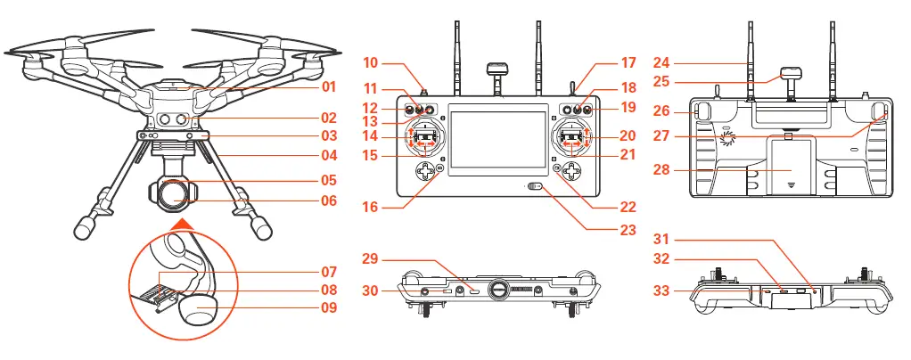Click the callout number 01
pyautogui.click(x=329, y=87)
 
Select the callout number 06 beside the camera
pyautogui.click(x=329, y=200)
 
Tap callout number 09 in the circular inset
pyautogui.click(x=329, y=308)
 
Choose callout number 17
pyautogui.click(x=629, y=63)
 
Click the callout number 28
pyautogui.click(x=686, y=170)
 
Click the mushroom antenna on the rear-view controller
pyautogui.click(x=791, y=75)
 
